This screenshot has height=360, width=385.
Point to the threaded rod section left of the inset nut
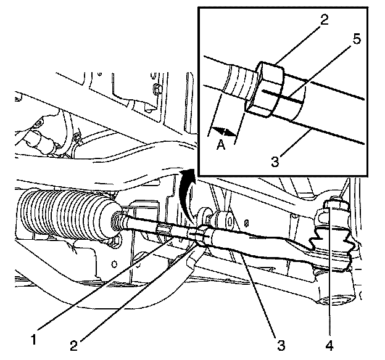point(237,80)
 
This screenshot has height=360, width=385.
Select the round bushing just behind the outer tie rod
point(224,219)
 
